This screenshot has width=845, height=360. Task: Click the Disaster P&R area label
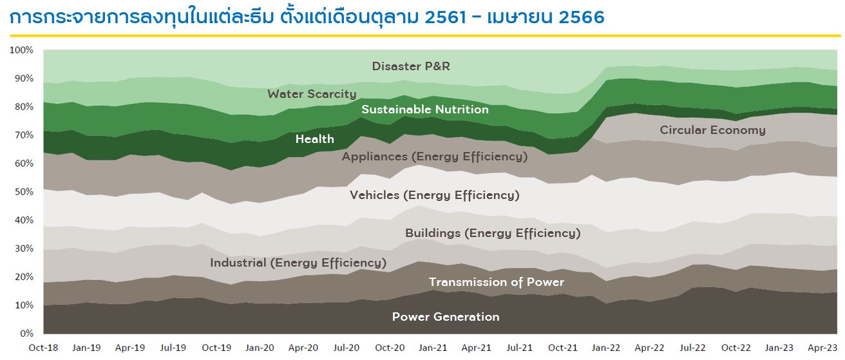pos(411,66)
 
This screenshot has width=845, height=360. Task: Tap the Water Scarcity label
pos(312,94)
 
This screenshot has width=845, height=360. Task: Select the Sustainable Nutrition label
pos(425,109)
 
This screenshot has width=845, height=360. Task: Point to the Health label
pos(314,139)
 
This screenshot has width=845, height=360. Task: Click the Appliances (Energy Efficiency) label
pos(435,156)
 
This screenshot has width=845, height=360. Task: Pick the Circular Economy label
pos(712,130)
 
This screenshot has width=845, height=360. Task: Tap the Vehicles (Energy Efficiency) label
pos(435,195)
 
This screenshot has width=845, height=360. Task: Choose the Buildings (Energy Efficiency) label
pos(493,233)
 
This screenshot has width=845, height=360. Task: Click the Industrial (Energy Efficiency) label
pos(298,263)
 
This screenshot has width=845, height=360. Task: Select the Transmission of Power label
pos(497,282)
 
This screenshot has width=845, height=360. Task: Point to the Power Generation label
pos(446,317)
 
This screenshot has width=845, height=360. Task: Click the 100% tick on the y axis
pos(21,50)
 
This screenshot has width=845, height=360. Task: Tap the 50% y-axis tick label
pos(24,192)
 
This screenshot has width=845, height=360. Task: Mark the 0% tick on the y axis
pos(27,334)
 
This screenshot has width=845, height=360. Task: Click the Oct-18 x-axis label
pos(43,348)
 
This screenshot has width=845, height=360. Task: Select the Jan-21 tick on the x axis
pos(433,348)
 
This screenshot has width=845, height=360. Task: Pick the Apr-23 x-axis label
pos(822,348)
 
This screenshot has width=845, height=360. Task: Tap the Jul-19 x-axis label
pos(173,348)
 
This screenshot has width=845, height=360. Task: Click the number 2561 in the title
pos(446,17)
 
